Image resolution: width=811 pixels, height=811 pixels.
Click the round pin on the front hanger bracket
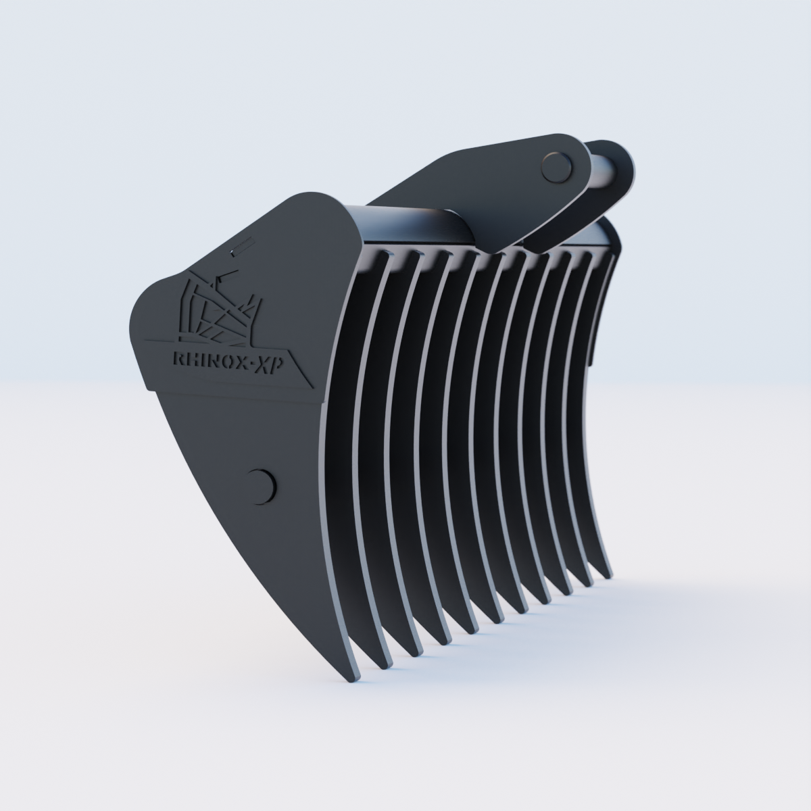point(557,165)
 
